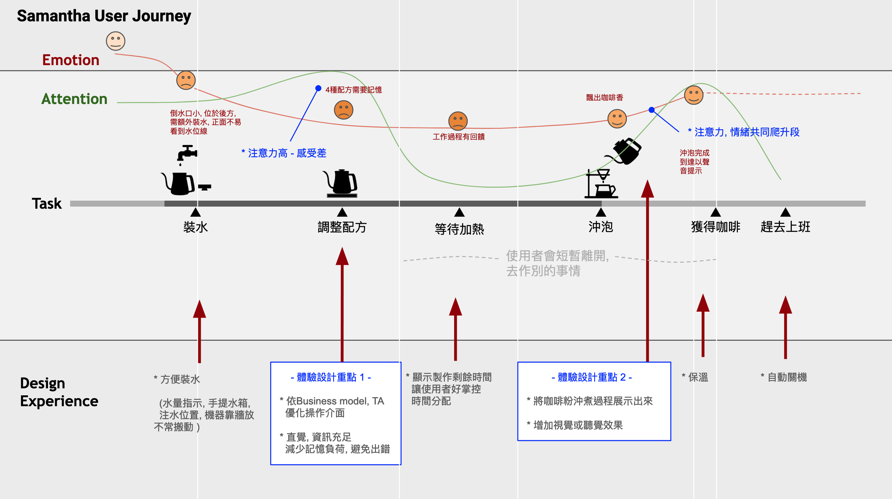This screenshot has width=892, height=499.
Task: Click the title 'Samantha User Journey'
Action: point(104,16)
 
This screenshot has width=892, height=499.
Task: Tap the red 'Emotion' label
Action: point(71,60)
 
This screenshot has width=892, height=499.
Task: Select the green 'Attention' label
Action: point(74,99)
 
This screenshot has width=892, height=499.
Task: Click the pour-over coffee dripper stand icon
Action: point(601,184)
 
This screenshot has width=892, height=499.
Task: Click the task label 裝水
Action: point(195,227)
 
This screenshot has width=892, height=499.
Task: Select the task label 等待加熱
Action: point(459,229)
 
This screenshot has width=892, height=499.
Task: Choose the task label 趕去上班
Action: point(785,227)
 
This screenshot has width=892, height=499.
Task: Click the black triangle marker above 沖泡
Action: point(601,212)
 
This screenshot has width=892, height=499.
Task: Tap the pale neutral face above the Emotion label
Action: point(116,41)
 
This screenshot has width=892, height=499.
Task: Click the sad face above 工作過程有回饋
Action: point(458,121)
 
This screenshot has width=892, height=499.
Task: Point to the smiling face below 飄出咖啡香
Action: point(617,118)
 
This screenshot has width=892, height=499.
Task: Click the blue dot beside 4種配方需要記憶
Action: point(318,88)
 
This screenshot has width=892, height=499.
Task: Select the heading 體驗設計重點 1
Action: point(331,377)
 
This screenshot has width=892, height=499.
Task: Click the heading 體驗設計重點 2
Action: point(591,377)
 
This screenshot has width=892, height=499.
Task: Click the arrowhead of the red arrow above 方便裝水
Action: point(199,309)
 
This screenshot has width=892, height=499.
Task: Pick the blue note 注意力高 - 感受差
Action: point(284,153)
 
